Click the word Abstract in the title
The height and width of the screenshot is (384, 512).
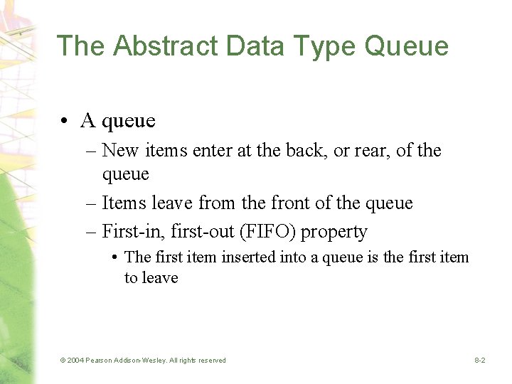[147, 46]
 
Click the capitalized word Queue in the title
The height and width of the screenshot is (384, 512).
[407, 47]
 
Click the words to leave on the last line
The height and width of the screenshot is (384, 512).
[151, 277]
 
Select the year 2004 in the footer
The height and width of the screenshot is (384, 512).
[75, 361]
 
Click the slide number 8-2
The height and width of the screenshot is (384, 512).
[480, 361]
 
